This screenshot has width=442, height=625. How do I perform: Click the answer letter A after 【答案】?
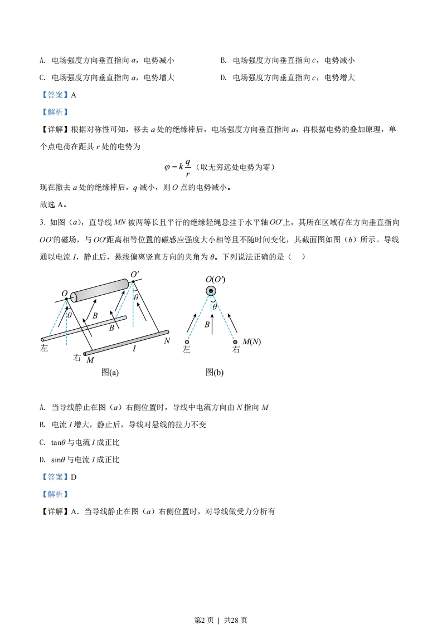point(74,95)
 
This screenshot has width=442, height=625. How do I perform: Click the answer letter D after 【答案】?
point(74,477)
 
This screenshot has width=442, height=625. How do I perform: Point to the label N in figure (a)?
point(167,340)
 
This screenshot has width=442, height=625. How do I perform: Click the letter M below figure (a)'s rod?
point(90,360)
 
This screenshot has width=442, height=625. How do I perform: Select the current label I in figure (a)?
point(134,349)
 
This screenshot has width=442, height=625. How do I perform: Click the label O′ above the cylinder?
point(134,274)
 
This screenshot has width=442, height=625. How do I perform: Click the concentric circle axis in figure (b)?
point(211,291)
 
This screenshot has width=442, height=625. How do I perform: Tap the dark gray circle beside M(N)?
point(235,342)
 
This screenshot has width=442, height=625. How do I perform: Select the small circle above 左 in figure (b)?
point(187,342)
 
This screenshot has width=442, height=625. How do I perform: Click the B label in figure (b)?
point(206,324)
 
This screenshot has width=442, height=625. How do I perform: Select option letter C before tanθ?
point(42,442)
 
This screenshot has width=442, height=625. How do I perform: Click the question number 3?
point(42,223)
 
